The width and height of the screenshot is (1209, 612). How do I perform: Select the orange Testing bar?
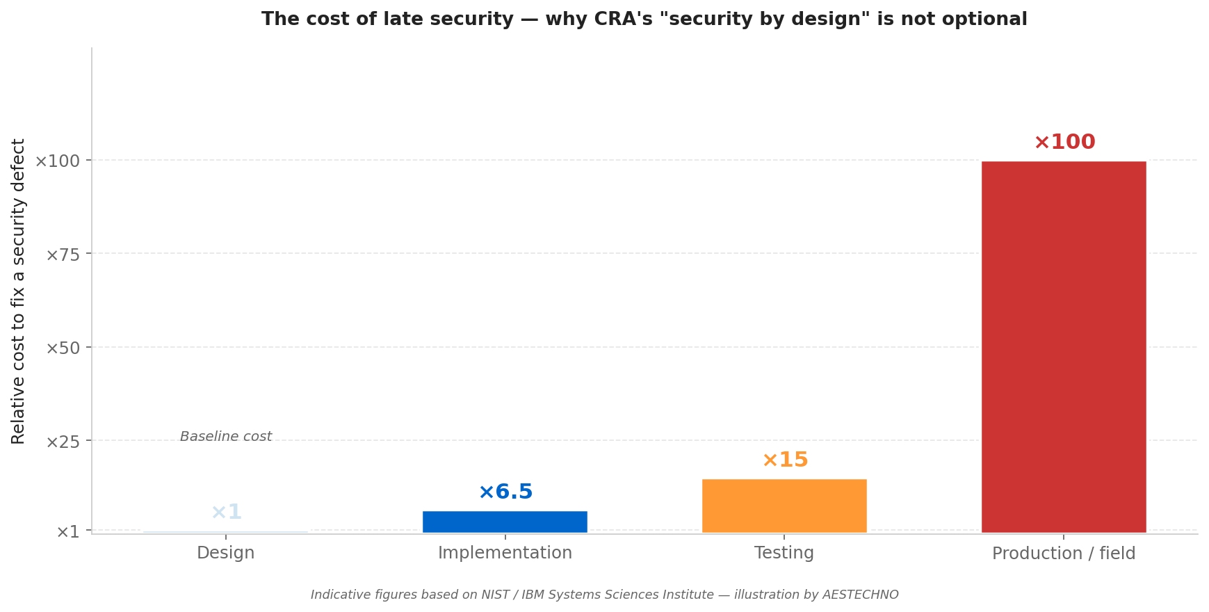click(x=784, y=506)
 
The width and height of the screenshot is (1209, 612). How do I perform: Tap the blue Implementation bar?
click(x=505, y=522)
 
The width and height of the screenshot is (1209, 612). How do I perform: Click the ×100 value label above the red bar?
click(x=1064, y=143)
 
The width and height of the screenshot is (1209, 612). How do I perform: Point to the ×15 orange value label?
click(x=785, y=460)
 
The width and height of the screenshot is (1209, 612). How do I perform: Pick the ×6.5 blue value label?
click(x=505, y=492)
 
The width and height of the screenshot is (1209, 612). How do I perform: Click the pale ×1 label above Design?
click(x=226, y=513)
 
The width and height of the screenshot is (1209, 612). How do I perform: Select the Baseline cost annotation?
click(x=226, y=437)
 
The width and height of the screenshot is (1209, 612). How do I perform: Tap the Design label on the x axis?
click(x=225, y=554)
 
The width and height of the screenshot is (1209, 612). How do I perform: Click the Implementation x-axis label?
click(x=505, y=554)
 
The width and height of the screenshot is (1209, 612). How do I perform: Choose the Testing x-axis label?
click(x=784, y=554)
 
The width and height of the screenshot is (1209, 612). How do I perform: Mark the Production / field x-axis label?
click(x=1063, y=554)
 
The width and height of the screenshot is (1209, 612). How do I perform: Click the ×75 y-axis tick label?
click(x=63, y=255)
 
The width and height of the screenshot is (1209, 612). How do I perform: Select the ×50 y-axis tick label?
click(x=63, y=348)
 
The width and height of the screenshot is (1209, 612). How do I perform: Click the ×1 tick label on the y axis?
click(x=68, y=533)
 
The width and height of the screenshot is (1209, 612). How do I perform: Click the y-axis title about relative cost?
click(x=19, y=291)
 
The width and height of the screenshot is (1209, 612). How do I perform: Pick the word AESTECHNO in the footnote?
click(x=860, y=595)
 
